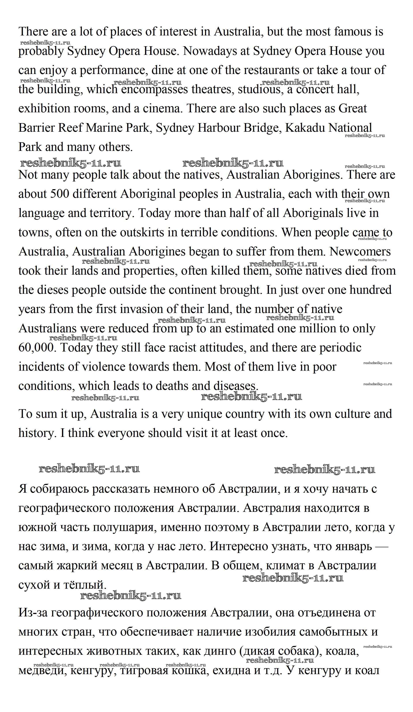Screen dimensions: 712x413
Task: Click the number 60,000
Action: click(x=36, y=348)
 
